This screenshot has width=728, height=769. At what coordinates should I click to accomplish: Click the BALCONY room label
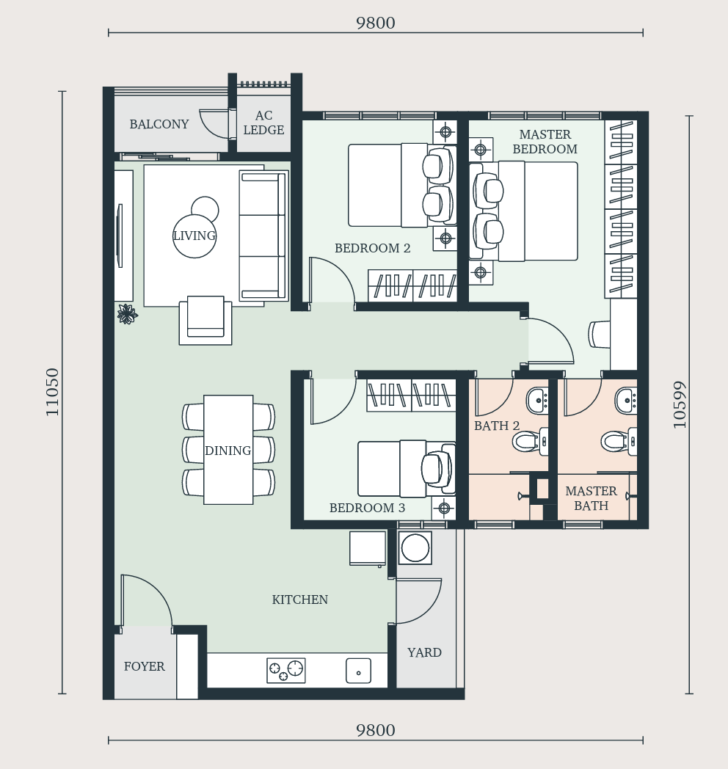click(159, 124)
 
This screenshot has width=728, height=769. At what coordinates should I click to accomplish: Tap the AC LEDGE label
click(263, 123)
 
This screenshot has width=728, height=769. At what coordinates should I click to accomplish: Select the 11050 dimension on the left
click(52, 393)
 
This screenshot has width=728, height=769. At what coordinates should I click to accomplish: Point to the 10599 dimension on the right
click(680, 404)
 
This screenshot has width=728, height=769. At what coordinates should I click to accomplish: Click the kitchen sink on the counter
click(358, 671)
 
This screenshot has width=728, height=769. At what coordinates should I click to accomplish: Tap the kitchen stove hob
click(286, 671)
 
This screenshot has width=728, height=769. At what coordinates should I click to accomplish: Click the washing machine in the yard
click(415, 547)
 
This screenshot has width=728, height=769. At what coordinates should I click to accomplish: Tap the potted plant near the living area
click(128, 314)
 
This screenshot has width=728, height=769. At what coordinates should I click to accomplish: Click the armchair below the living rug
click(205, 320)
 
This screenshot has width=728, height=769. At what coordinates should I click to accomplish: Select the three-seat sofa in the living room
click(263, 236)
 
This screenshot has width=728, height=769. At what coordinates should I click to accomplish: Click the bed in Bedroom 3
click(407, 469)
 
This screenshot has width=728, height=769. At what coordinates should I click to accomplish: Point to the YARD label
click(424, 653)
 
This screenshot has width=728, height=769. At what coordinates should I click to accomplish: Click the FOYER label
click(145, 666)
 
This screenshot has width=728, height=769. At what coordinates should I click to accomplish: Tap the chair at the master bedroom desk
click(599, 334)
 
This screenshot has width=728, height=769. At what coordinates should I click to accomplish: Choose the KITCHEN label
click(299, 599)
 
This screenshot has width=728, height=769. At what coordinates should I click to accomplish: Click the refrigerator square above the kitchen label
click(368, 548)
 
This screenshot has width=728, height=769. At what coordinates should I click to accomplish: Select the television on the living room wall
click(119, 236)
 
